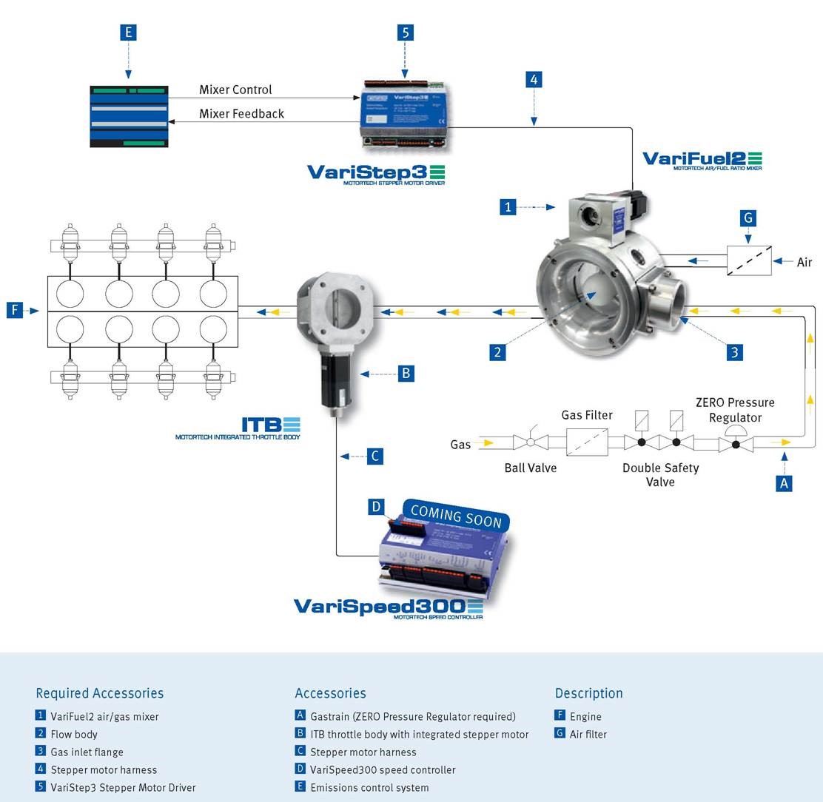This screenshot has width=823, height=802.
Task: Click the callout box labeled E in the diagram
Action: click(129, 32)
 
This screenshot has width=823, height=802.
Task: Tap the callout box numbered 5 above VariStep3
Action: click(405, 32)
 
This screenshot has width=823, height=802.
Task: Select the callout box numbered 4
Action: click(534, 79)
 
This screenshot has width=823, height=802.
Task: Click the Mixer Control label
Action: click(235, 90)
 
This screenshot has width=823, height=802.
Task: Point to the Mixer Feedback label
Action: click(241, 113)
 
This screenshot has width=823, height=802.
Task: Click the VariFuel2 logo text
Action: click(702, 159)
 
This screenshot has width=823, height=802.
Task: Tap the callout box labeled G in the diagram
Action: click(748, 218)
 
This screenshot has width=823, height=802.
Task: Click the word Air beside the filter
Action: click(804, 262)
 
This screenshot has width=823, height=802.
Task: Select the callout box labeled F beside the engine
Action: click(16, 311)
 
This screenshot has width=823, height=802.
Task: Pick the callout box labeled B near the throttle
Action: click(405, 374)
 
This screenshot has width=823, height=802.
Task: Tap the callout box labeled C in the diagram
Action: click(375, 456)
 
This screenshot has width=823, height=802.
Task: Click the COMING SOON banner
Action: click(456, 516)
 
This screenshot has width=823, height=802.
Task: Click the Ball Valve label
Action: click(531, 468)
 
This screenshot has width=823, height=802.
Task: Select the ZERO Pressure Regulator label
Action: click(735, 410)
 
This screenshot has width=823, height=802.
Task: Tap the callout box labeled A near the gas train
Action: click(784, 483)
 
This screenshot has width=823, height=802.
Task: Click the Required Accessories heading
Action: click(100, 693)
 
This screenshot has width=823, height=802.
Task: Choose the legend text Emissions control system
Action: click(369, 787)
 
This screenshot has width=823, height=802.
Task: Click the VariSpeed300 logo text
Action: click(381, 606)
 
